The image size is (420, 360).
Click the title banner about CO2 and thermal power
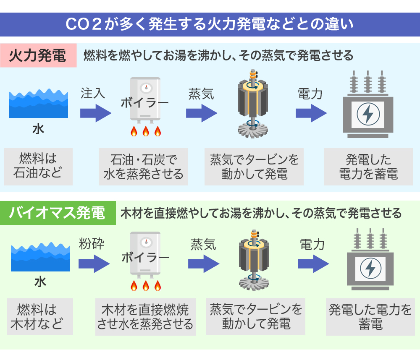pyautogui.click(x=210, y=24)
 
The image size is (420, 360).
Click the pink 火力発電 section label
pyautogui.click(x=38, y=55)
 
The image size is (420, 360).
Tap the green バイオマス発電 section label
pyautogui.click(x=58, y=213)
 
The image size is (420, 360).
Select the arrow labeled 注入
pyautogui.click(x=96, y=113)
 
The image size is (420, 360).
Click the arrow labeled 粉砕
pyautogui.click(x=94, y=263)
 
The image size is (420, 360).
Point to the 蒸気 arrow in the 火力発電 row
pyautogui.click(x=202, y=113)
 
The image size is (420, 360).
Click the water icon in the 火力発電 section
pyautogui.click(x=38, y=104)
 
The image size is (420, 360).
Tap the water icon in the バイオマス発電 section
pyautogui.click(x=40, y=257)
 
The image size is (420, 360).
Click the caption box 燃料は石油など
pyautogui.click(x=38, y=166)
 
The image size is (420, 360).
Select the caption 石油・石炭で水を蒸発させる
pyautogui.click(x=143, y=167)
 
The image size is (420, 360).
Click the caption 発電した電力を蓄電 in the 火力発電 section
pyautogui.click(x=368, y=167)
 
